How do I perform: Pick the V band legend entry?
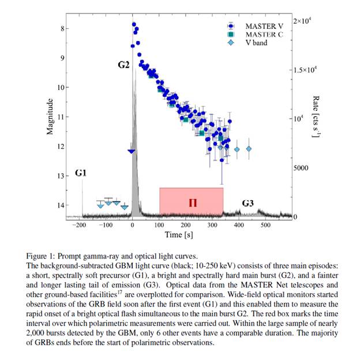(x=256, y=42)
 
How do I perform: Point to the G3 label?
(x=248, y=203)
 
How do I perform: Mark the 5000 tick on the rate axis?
(x=303, y=168)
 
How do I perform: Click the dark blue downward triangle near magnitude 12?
(x=132, y=151)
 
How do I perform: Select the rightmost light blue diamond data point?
(x=249, y=149)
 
